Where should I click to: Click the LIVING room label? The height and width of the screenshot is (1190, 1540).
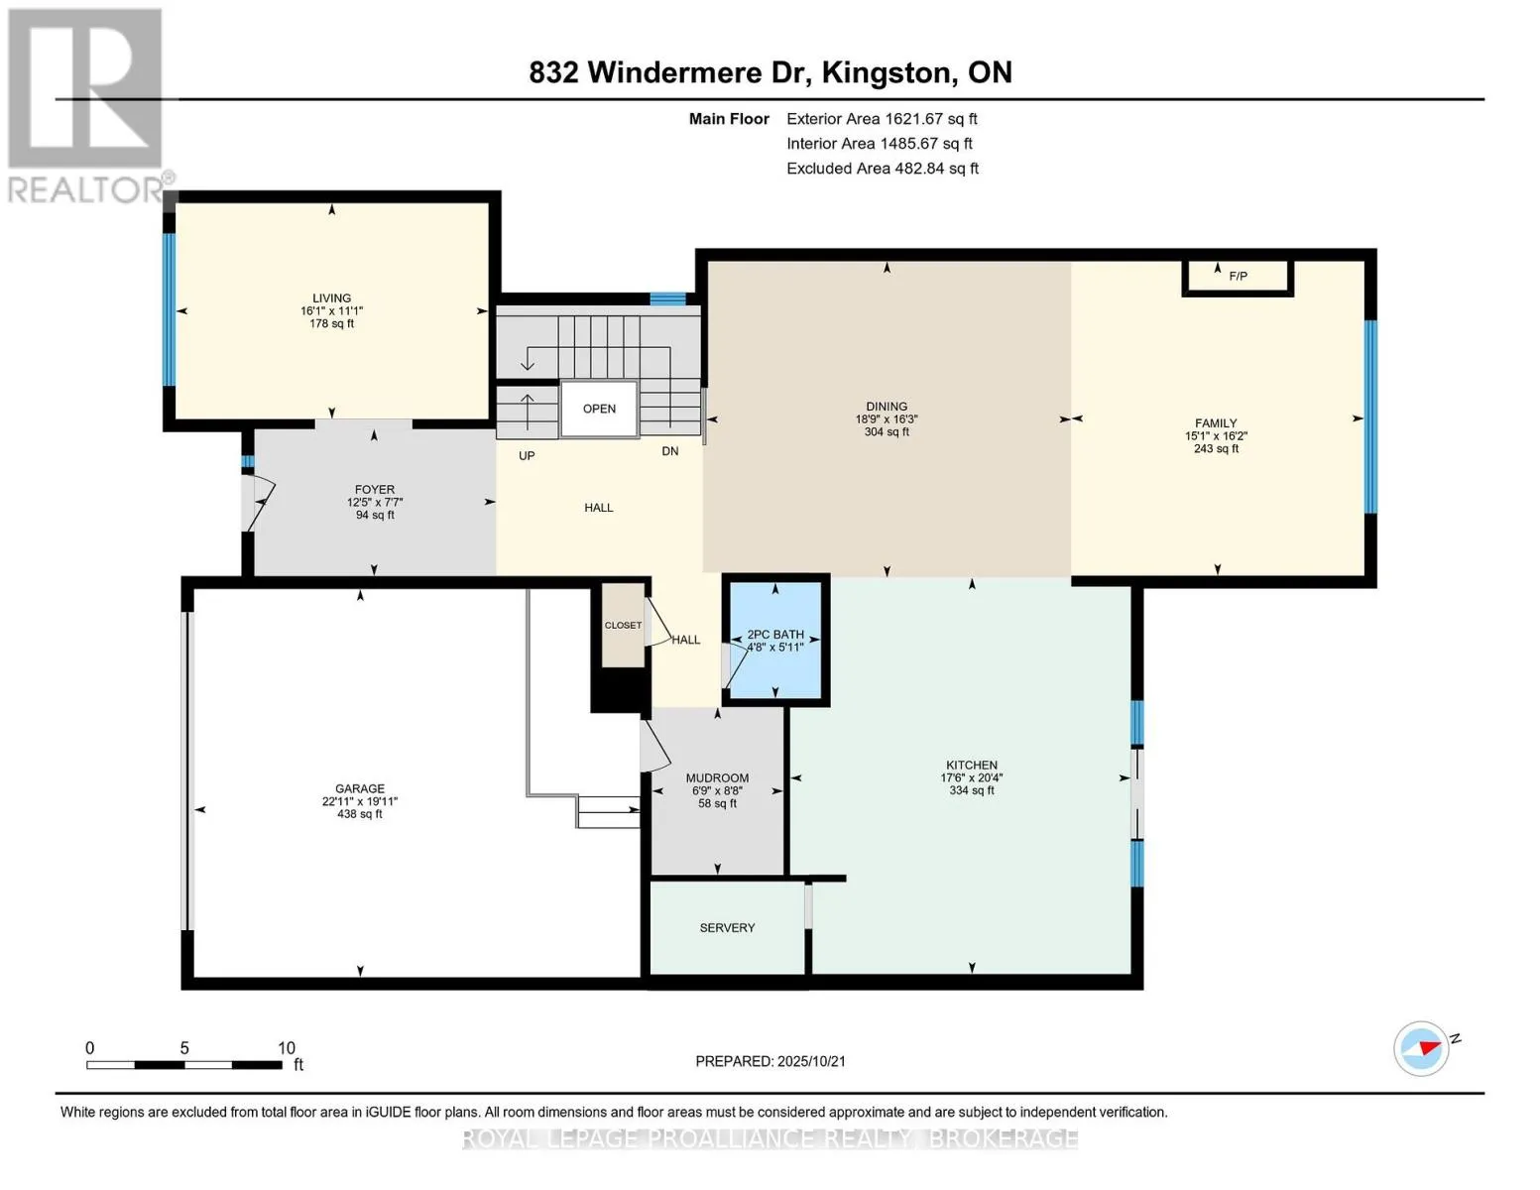(331, 297)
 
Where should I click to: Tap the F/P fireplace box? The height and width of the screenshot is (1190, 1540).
(1238, 277)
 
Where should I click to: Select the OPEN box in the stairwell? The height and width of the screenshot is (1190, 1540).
(599, 409)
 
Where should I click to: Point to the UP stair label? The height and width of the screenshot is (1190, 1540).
(527, 456)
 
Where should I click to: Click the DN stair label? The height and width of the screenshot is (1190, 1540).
(669, 451)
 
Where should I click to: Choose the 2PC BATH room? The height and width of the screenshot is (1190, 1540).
(775, 640)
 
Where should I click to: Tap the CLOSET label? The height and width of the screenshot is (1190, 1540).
(623, 625)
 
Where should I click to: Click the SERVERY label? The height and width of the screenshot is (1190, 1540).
(727, 928)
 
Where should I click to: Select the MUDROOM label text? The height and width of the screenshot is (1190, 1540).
(717, 777)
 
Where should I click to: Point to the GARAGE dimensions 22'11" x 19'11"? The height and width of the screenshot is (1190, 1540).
(360, 801)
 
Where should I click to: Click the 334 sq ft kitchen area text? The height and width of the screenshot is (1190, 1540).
(972, 790)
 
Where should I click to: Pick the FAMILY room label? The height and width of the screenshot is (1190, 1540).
(1216, 423)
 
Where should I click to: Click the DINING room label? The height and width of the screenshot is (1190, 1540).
(887, 407)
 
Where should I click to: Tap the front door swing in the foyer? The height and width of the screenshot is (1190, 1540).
(259, 503)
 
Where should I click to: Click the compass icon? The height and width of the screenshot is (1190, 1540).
(1420, 1049)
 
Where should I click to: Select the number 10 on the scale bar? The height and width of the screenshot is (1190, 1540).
(287, 1047)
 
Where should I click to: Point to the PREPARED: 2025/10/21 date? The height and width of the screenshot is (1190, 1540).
(770, 1061)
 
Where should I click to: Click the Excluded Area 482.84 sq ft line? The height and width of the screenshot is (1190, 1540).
(883, 169)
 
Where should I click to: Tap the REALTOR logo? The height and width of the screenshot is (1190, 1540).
(86, 106)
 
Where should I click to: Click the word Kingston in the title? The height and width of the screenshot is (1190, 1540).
(887, 73)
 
